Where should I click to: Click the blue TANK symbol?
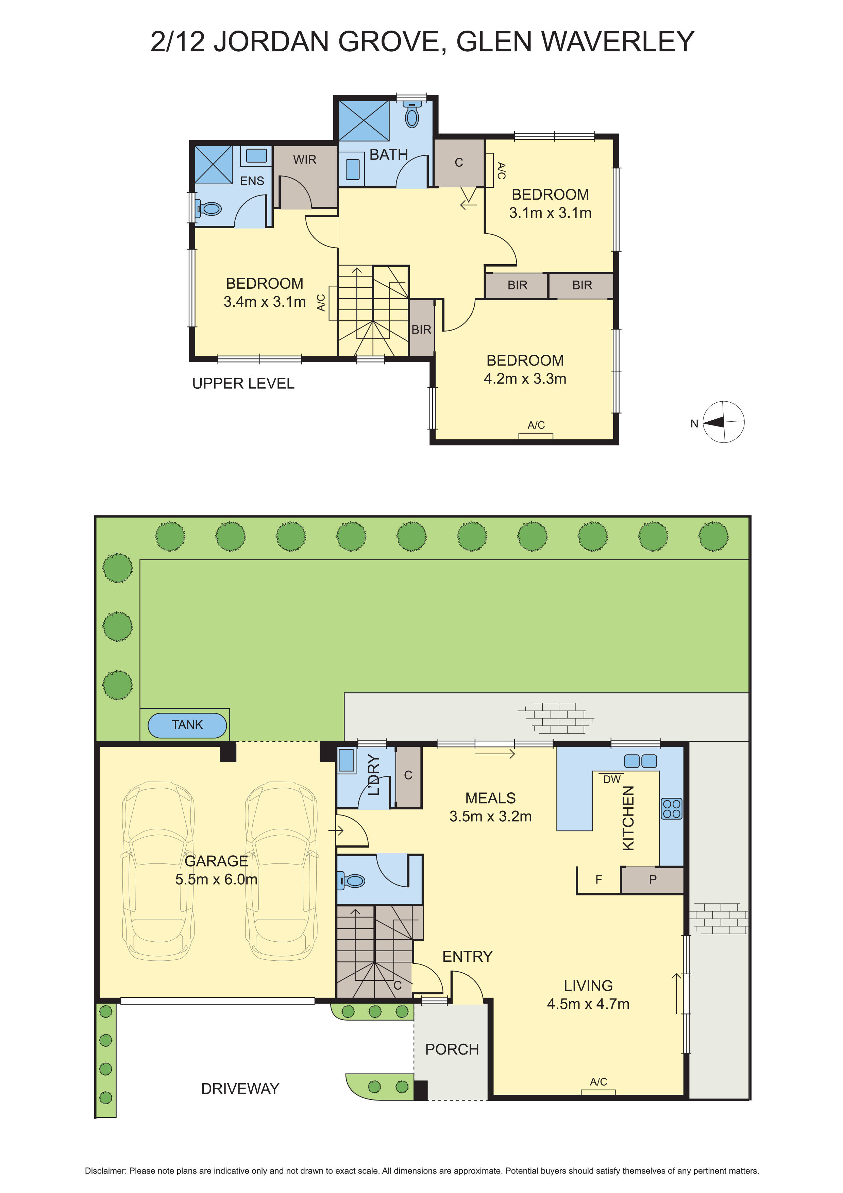point(187,725)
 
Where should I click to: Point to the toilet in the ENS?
point(209,209)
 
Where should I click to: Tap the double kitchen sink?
point(640,761)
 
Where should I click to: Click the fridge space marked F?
point(598,880)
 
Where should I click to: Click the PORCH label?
point(452,1049)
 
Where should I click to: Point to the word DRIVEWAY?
point(240,1089)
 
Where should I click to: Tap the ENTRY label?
point(467,957)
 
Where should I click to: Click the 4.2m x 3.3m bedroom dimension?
point(525,379)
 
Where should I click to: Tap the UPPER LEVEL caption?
point(243,384)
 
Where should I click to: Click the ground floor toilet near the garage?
point(353,881)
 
